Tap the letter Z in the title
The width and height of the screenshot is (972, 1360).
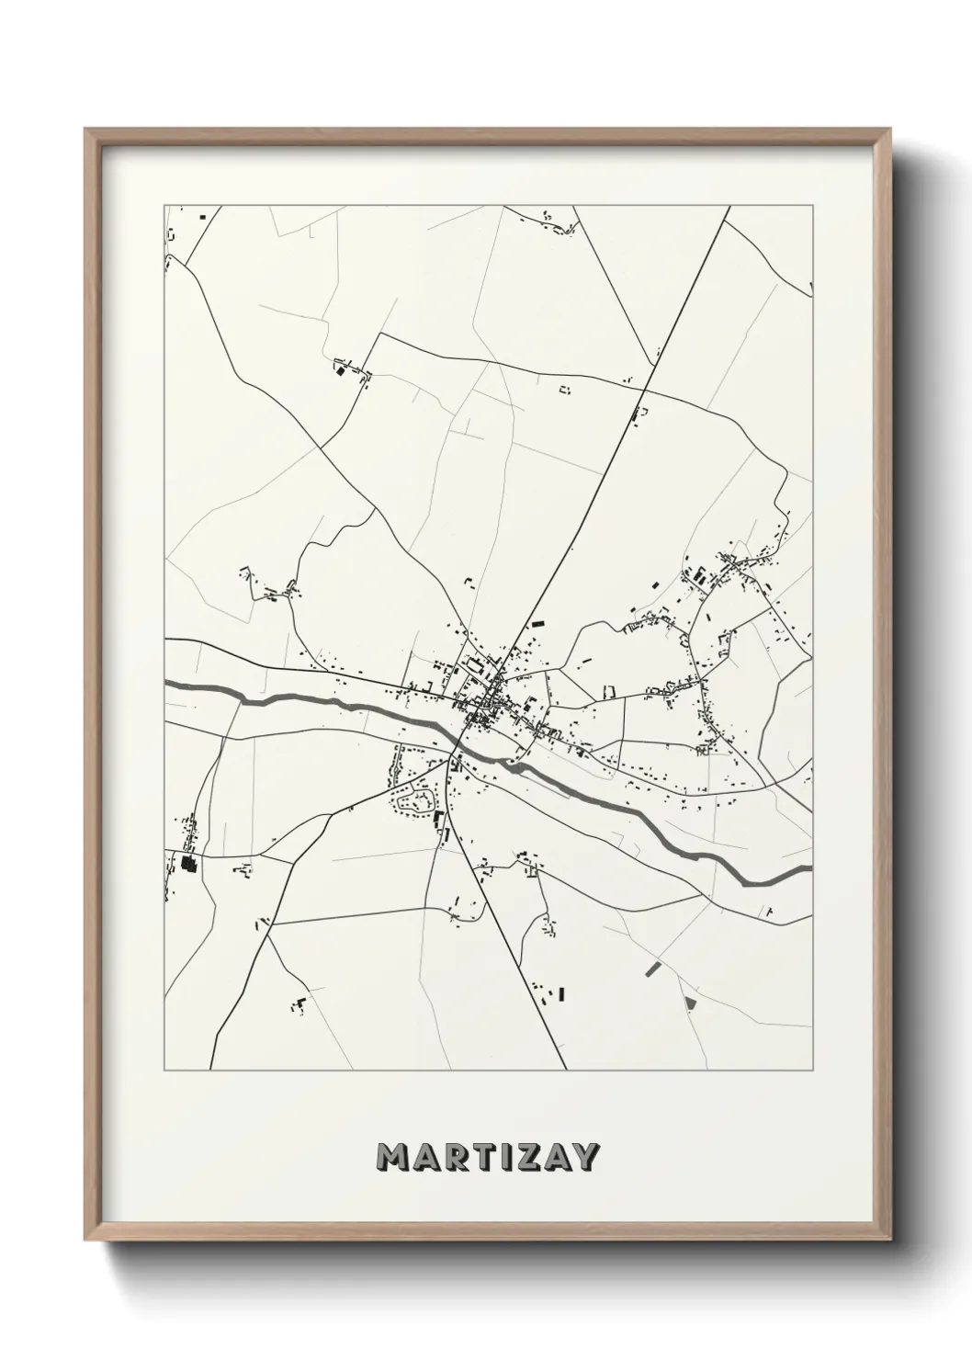click(x=520, y=1158)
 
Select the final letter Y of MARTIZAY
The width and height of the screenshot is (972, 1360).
click(x=584, y=1158)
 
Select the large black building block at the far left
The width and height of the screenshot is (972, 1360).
click(x=189, y=863)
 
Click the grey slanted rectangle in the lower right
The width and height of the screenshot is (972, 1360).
click(x=653, y=968)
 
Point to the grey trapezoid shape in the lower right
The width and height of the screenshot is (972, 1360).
click(x=691, y=1001)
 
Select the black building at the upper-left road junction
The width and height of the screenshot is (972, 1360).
click(x=338, y=370)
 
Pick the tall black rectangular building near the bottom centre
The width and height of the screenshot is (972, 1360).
click(x=559, y=993)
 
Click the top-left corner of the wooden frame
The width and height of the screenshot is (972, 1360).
click(x=85, y=130)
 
